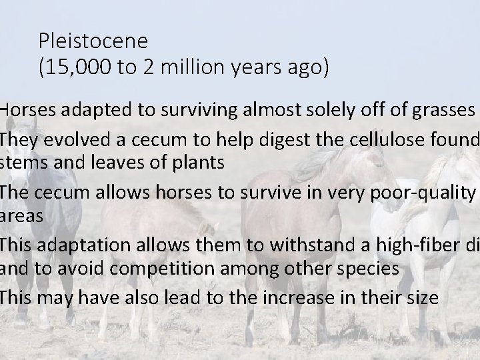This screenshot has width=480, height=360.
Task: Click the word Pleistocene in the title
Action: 93,41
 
